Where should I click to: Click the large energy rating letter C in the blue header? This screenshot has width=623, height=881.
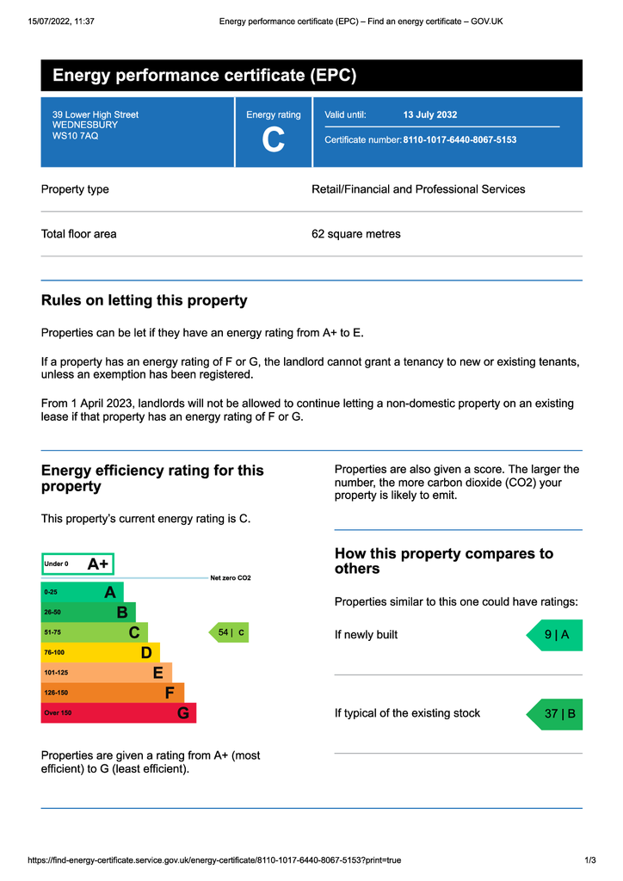[273, 140]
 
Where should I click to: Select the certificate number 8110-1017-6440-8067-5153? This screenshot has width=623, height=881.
[460, 139]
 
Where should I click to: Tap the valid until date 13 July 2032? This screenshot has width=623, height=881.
[430, 114]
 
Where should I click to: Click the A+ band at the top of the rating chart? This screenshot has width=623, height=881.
[77, 564]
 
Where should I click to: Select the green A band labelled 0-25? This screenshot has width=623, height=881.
[82, 592]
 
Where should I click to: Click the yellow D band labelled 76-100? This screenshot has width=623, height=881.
[100, 652]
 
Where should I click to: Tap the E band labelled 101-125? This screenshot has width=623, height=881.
[106, 672]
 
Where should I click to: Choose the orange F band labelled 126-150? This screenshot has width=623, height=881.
[112, 693]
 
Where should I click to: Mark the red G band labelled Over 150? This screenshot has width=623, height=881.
[118, 712]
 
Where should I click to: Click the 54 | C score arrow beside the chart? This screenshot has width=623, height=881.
[229, 632]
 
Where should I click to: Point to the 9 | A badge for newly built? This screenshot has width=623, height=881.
[555, 635]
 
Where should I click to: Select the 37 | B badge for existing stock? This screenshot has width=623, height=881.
[555, 714]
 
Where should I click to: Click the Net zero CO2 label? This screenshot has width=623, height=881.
[231, 578]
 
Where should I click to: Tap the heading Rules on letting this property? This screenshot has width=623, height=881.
[144, 300]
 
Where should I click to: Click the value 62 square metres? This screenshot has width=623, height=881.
[355, 234]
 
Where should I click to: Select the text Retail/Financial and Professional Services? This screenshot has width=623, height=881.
[417, 189]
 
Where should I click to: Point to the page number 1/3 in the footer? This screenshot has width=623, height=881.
[590, 860]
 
